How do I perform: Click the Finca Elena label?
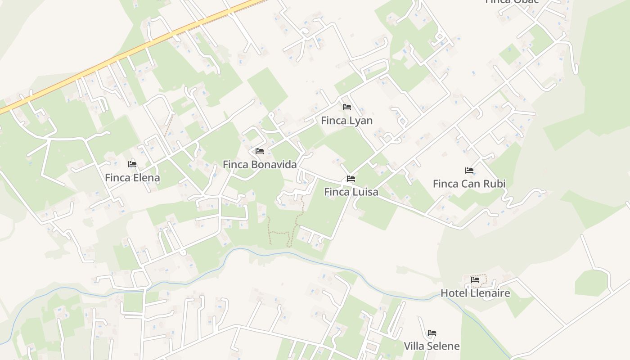coord(132,178)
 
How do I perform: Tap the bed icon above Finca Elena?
coord(132,164)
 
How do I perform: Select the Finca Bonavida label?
coord(260,165)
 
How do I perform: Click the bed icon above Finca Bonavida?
coord(260,151)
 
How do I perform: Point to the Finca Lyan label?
coord(346,121)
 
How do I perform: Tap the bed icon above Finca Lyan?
coord(347,107)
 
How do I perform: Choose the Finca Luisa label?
coord(351,192)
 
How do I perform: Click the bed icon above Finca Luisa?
coord(351,179)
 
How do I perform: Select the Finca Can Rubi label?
coord(469,184)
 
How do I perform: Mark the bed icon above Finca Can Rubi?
coord(469,171)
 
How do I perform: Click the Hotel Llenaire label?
coord(475,293)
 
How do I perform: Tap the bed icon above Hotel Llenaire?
coord(475,280)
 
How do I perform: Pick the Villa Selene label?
coord(432,346)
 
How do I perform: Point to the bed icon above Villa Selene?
coord(432,333)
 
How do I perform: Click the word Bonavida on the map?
coord(274,165)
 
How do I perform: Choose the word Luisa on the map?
coord(364,192)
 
